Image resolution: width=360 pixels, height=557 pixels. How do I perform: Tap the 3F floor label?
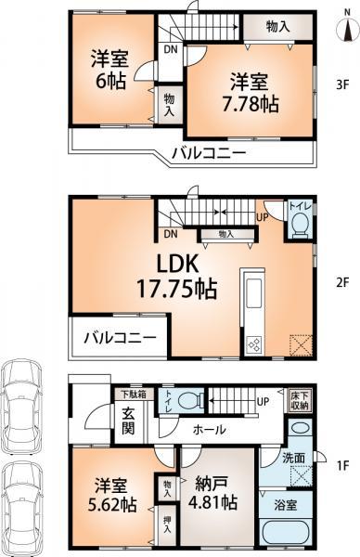[341, 85]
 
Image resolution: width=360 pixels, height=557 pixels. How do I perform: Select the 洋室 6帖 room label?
[105, 68]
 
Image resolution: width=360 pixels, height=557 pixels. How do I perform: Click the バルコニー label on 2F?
[116, 338]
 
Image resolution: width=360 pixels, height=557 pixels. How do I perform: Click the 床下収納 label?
[298, 401]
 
